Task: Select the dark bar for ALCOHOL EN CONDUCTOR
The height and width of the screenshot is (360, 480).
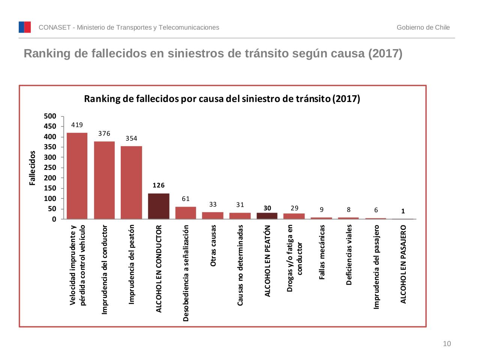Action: coord(159,206)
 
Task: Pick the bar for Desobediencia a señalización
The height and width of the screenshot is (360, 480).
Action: coord(186,213)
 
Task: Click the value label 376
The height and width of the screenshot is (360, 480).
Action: coord(104,133)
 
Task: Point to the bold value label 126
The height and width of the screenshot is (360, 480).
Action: coord(159,185)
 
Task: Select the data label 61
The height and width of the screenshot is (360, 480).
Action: coord(186,199)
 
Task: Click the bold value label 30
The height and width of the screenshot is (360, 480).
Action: coord(267,208)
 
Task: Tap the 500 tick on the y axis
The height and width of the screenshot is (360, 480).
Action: coord(50,116)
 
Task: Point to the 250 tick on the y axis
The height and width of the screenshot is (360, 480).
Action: coord(50,168)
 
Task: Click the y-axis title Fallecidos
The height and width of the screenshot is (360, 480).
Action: coord(33,168)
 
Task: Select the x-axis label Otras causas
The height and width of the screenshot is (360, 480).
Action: coord(213,246)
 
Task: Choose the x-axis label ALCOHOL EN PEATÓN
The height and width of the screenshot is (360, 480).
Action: coord(267,261)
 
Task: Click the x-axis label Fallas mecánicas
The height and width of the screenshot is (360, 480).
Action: coord(322,252)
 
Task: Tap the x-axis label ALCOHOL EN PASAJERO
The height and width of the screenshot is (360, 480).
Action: coord(403,264)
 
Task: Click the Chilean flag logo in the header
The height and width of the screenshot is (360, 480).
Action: coord(25,27)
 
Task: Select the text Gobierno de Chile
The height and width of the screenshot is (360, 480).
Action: coord(423,27)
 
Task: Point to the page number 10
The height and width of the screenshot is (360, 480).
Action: coord(447,344)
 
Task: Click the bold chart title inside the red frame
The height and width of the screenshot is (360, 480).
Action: coord(222,99)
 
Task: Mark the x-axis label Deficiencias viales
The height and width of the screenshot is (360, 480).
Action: coord(349,255)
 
